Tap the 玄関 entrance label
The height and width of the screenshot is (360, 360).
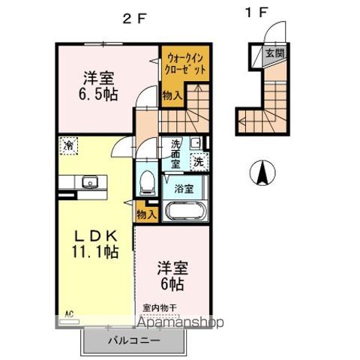(x=271, y=53)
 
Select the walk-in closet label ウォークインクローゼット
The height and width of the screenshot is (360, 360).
(x=183, y=64)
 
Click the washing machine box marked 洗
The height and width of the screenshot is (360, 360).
(x=199, y=160)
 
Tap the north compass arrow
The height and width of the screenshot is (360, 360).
(x=264, y=173)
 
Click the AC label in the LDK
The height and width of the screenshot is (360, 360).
(x=69, y=314)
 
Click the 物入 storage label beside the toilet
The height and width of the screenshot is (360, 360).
(x=146, y=214)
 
